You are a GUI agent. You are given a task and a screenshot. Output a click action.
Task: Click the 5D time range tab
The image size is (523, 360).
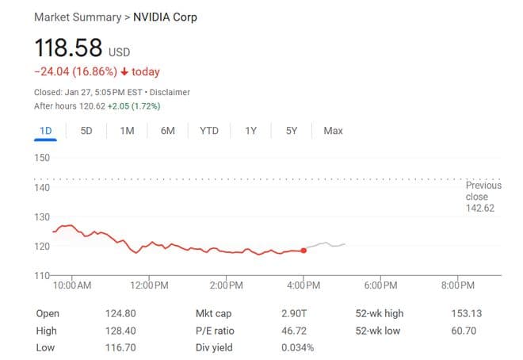click(86, 131)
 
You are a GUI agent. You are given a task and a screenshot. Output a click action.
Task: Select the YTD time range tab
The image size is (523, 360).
click(209, 131)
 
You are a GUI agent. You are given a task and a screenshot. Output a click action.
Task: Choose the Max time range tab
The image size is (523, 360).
click(333, 131)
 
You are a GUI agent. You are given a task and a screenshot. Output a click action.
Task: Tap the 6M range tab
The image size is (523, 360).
click(167, 131)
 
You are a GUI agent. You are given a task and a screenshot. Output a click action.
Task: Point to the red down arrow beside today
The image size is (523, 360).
click(124, 72)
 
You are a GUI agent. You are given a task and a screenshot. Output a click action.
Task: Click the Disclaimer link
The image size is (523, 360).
click(170, 92)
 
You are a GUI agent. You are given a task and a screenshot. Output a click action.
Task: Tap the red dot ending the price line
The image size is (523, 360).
click(303, 251)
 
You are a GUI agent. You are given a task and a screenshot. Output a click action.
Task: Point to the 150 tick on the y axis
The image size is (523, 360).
click(42, 159)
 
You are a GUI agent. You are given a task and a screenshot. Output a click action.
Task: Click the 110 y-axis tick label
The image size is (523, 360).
click(42, 275)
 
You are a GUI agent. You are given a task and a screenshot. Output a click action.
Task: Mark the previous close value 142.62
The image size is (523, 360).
click(483, 209)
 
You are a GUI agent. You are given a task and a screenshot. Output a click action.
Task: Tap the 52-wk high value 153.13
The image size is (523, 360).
click(465, 313)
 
